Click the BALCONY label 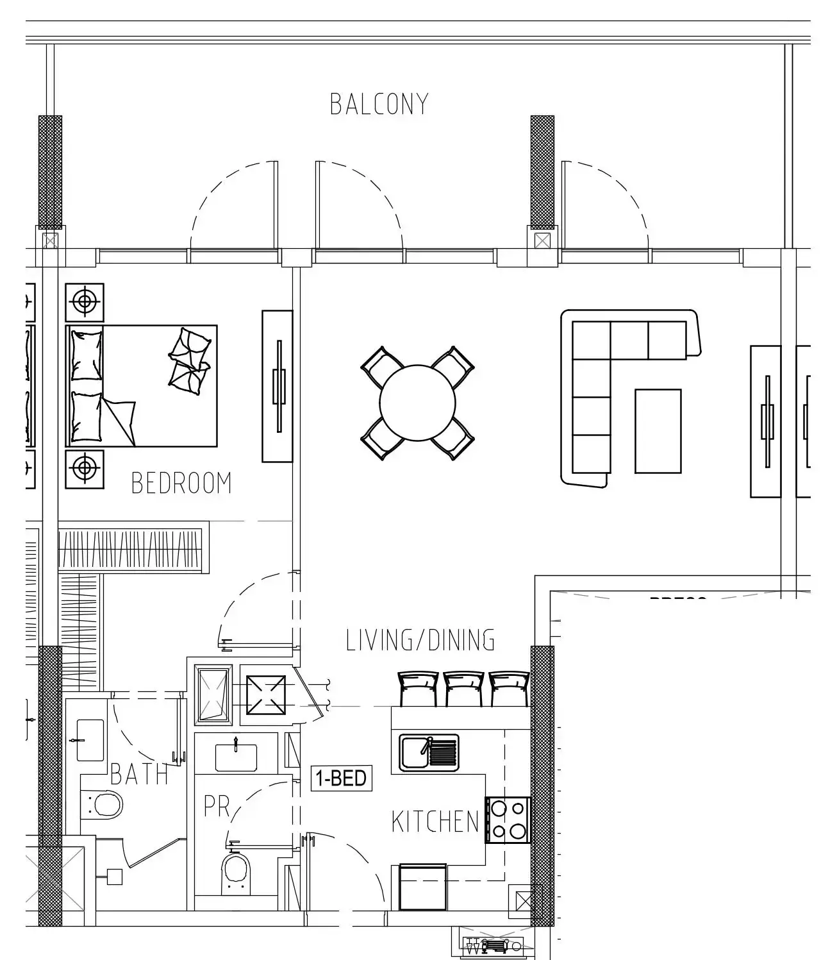point(379,105)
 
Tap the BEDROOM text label point(181,484)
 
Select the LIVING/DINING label point(420,641)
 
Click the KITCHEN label point(435,822)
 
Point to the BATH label point(139,775)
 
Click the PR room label point(216,807)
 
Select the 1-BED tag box point(341,778)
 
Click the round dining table point(417,403)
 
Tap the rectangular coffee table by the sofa point(658,431)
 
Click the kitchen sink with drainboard point(429,752)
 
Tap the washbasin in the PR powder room point(236,757)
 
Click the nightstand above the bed point(85,301)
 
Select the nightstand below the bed point(85,468)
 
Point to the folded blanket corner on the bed point(120,420)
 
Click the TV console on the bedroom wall point(278,386)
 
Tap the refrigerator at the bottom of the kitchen point(422,887)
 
